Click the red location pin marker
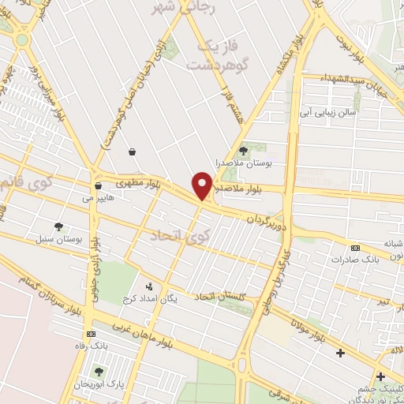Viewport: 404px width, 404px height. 203,185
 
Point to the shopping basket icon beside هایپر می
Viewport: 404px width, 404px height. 98,187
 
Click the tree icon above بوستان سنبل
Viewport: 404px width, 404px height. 58,226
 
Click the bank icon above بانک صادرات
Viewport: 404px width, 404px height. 355,247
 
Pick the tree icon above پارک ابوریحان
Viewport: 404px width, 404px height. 98,372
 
